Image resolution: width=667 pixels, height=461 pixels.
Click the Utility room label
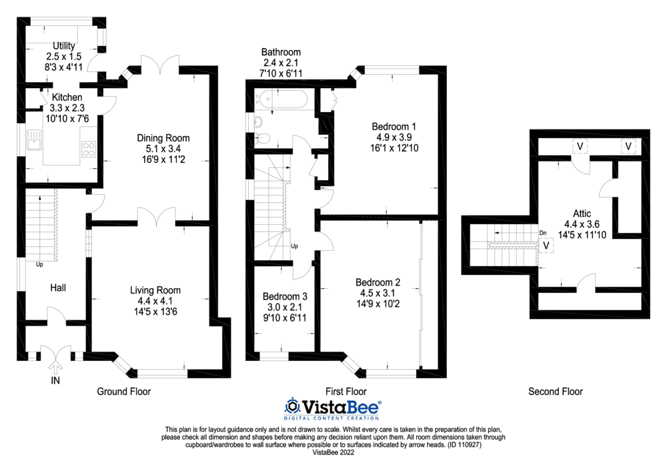pos(64,45)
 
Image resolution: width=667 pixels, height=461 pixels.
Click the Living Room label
pos(155,290)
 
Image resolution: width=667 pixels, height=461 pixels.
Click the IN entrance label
pos(56,380)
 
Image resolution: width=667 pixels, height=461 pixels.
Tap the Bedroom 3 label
pos(285,296)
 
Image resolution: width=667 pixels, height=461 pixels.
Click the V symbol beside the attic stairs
pos(547,246)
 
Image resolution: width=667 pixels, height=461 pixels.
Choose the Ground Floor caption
pos(124,392)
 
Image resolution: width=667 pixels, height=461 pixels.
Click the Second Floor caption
pos(555,392)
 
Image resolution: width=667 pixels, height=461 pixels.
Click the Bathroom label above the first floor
pos(281,51)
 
